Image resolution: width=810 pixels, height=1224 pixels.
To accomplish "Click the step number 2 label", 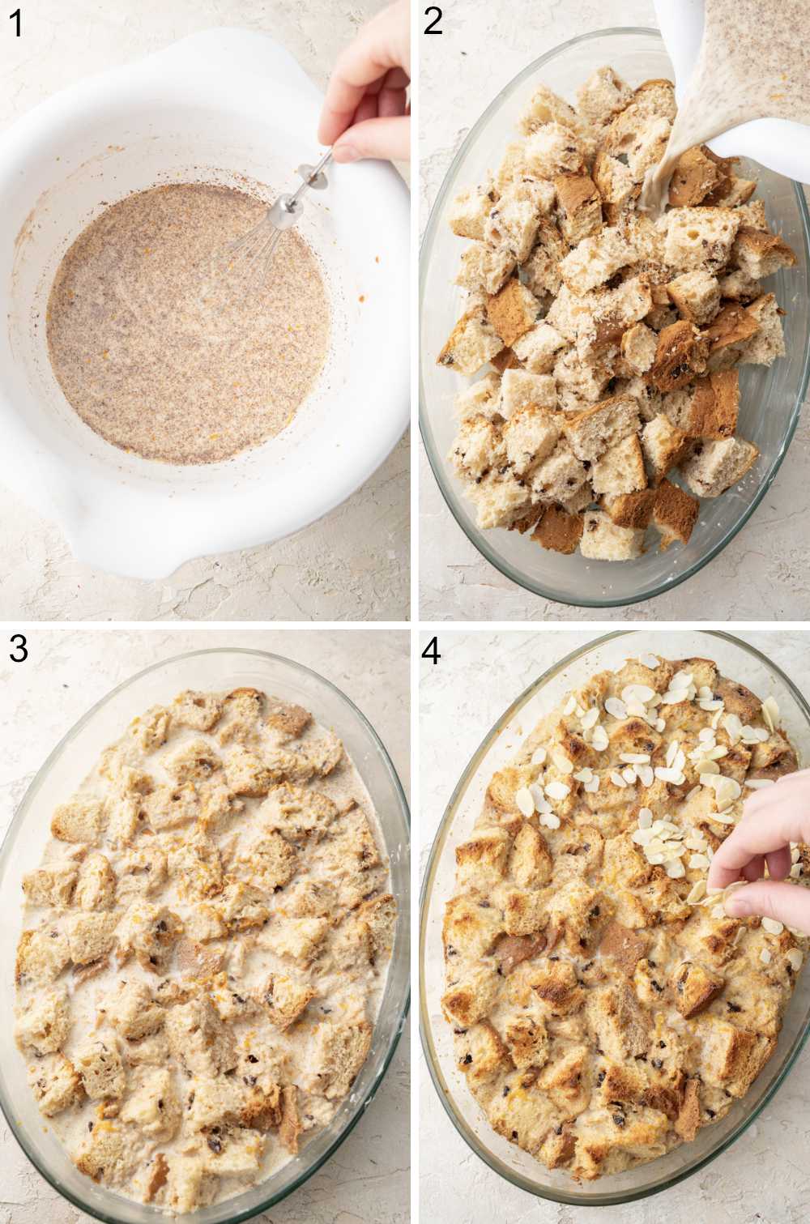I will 433,22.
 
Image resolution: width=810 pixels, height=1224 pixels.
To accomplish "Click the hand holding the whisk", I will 369,89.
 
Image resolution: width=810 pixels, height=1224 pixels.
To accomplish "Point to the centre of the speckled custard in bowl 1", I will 190,324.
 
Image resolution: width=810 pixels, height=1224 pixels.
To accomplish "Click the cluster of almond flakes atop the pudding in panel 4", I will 648,778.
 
